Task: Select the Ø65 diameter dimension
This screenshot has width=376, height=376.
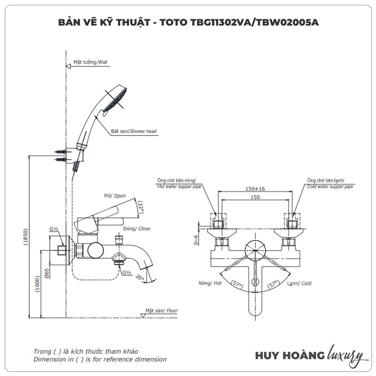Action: [x=46, y=274]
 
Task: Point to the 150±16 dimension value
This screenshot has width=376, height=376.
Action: [x=255, y=188]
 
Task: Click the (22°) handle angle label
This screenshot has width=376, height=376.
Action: [x=141, y=208]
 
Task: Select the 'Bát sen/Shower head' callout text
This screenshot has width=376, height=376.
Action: [x=133, y=132]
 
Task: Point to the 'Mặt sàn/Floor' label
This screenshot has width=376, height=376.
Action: [x=162, y=311]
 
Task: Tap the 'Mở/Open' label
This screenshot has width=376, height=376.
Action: [x=115, y=196]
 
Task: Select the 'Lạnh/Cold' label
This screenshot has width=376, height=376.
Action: [x=299, y=284]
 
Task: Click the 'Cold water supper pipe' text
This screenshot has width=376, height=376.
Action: [x=330, y=186]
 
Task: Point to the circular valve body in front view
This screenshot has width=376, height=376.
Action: [x=255, y=248]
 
